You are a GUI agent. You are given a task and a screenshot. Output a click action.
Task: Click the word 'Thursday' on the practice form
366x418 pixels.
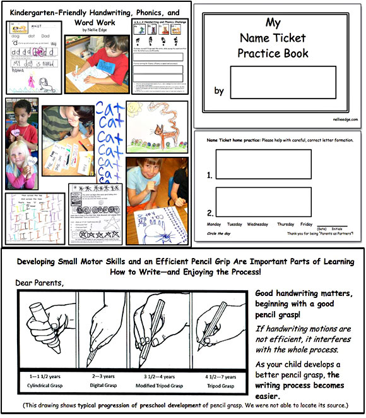285,224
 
